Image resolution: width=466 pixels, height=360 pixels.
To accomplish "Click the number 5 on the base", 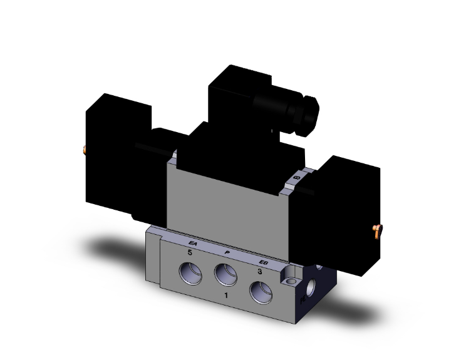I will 188,252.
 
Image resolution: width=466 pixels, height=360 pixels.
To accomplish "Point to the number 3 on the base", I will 259,272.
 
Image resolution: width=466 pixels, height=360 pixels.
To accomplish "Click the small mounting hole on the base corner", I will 289,273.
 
